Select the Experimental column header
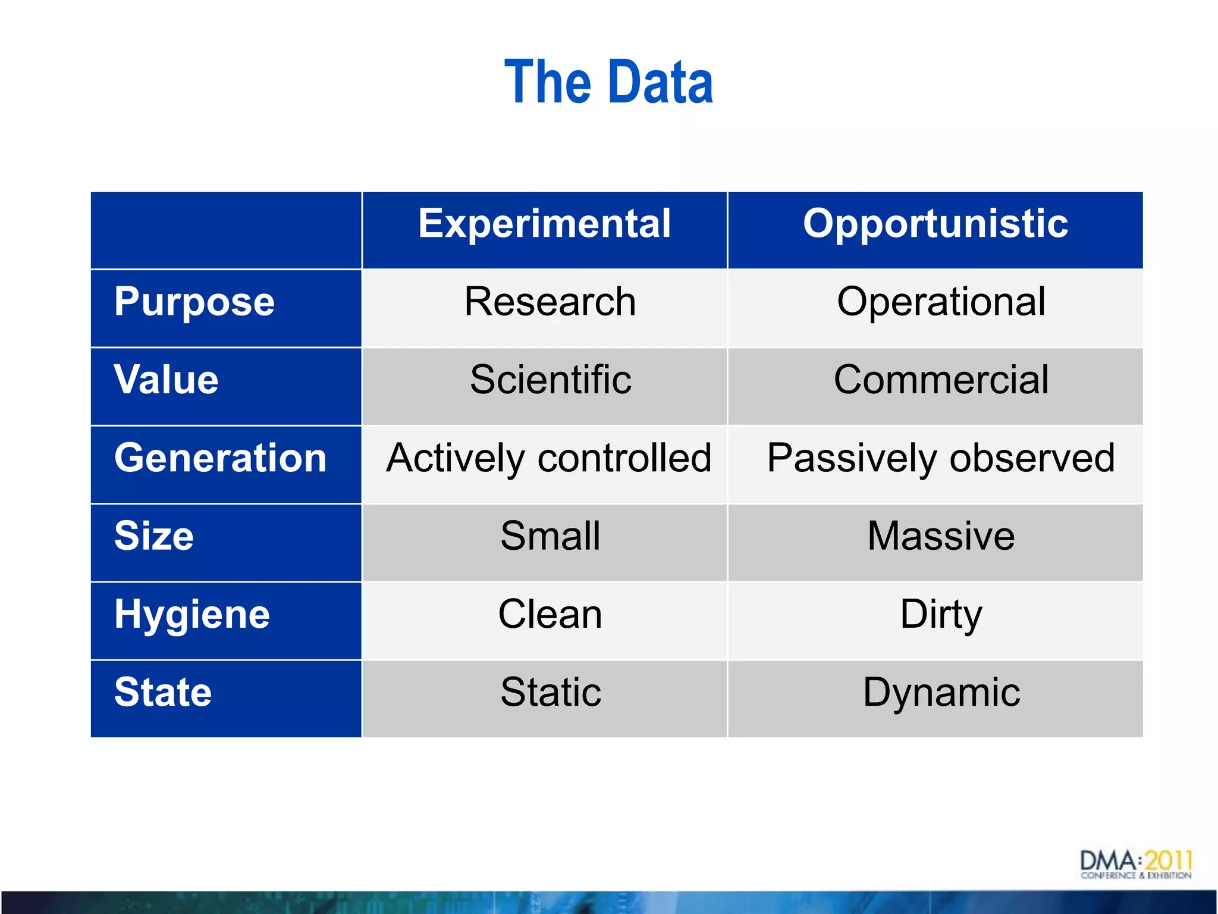pos(544,224)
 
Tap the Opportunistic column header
pos(935,224)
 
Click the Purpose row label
pos(194,302)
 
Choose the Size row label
pos(154,536)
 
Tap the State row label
pos(163,692)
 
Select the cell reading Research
pos(550,302)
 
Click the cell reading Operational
pos(941,302)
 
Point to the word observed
pos(1032,458)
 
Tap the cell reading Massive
pos(941,536)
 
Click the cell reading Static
pos(550,692)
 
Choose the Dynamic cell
pos(941,692)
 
